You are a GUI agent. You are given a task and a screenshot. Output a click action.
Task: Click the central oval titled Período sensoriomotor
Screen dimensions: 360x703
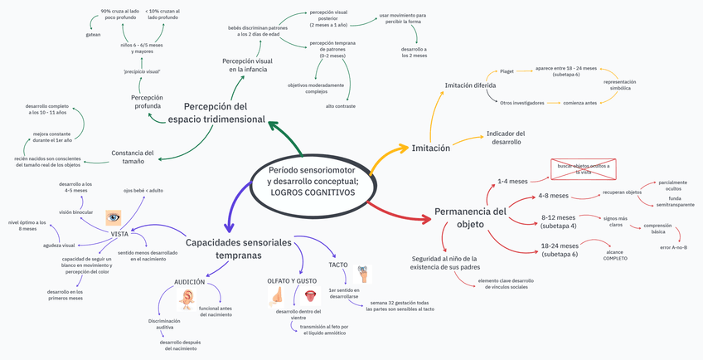coord(313,181)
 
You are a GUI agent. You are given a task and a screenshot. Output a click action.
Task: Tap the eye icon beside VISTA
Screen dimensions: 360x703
coord(114,217)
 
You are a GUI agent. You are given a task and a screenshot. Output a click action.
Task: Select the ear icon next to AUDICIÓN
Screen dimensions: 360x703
coord(190,295)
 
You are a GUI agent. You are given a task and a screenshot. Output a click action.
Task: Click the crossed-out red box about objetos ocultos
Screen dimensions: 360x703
coord(584,169)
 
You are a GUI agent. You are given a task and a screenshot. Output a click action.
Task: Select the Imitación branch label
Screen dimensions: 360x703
coord(430,148)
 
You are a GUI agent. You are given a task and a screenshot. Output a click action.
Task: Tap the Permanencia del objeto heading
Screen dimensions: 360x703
coord(470,217)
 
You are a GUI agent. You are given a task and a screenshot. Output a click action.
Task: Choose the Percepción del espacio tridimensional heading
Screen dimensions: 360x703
coord(216,113)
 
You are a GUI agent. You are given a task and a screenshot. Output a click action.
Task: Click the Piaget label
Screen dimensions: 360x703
coord(507,72)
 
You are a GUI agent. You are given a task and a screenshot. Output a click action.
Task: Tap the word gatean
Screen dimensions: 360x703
coord(93,35)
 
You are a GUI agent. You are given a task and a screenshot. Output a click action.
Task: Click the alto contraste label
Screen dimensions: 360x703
coord(341,106)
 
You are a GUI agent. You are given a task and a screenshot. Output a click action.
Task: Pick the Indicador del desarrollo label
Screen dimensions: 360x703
coord(505,138)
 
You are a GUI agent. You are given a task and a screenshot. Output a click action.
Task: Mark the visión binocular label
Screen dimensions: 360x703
coord(75,212)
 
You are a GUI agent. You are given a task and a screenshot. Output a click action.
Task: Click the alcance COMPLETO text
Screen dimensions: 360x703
coord(615,255)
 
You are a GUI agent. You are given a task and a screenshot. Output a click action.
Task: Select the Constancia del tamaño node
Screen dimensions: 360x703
coord(133,157)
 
